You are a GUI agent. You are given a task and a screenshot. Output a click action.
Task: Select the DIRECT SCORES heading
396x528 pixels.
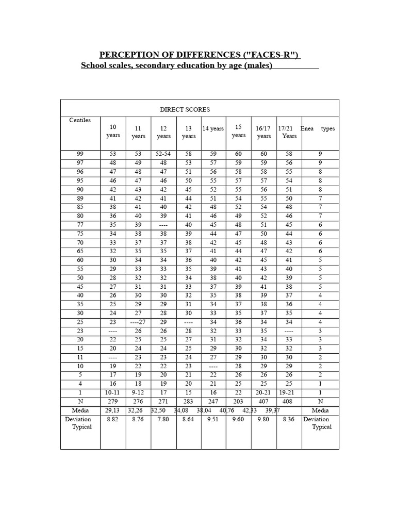[x=185, y=110]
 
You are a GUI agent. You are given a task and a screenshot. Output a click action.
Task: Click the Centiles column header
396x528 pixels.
[x=80, y=120]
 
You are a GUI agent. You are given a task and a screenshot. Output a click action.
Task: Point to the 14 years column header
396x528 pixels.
[x=213, y=128]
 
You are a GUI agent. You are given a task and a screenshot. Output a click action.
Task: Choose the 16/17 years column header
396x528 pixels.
[x=264, y=132]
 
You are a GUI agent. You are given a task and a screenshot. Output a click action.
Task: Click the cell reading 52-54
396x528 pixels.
[x=163, y=154]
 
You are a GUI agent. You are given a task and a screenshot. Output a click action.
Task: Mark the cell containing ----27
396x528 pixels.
[x=138, y=322]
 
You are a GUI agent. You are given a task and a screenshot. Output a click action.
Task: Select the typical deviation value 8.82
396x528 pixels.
[x=113, y=420]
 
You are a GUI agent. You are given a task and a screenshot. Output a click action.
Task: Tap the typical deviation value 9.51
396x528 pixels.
[x=213, y=420]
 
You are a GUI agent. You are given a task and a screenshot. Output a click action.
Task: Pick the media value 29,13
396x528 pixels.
[x=113, y=410]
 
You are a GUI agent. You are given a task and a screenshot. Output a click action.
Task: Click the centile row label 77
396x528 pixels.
[x=80, y=224]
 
